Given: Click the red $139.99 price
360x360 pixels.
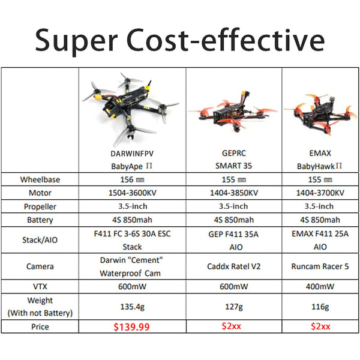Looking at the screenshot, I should (132, 328).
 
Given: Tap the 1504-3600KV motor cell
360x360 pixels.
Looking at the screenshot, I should (132, 193).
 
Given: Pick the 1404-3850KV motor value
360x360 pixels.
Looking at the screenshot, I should (233, 193).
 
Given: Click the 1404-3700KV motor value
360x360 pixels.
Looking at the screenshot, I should (320, 193).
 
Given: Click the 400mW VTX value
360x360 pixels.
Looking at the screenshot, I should (320, 287).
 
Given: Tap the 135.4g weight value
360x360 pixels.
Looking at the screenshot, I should (132, 306).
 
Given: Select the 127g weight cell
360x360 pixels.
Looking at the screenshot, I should (233, 306).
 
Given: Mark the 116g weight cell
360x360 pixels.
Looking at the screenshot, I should (320, 306).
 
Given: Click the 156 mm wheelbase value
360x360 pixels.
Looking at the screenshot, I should (132, 179).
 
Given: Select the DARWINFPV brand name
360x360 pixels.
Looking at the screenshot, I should (132, 152).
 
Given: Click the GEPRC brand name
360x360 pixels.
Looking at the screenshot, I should (233, 152).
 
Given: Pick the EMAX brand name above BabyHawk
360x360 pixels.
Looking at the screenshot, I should (320, 152).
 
